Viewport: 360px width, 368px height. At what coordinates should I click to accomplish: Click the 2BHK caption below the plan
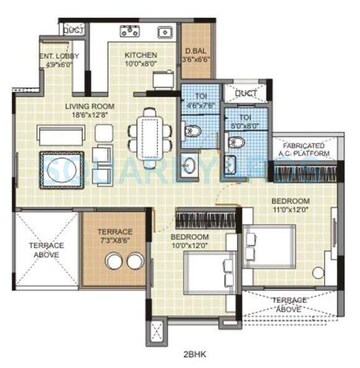[180, 353]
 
